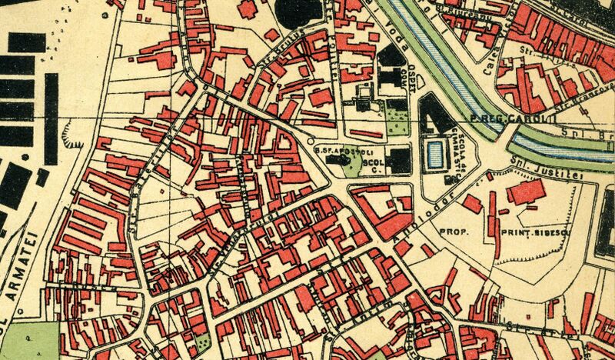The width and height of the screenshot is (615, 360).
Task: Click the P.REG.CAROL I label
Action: (500, 119)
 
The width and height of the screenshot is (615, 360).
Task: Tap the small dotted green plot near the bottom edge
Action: (201, 342)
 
